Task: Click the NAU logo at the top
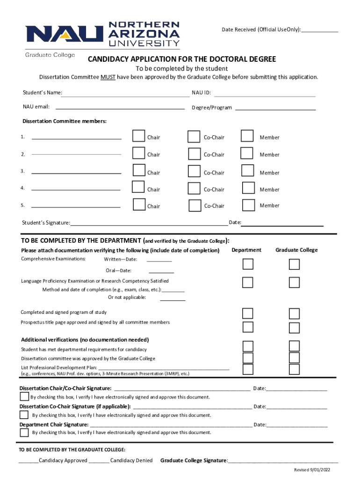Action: (x=102, y=34)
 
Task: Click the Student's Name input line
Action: (x=126, y=93)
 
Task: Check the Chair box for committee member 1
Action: (x=138, y=136)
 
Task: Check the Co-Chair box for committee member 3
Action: (x=194, y=172)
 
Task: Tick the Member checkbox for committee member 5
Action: (x=248, y=205)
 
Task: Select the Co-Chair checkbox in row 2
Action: (x=194, y=154)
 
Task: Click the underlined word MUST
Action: (x=108, y=77)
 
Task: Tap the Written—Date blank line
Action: (x=159, y=260)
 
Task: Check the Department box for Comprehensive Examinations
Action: (x=248, y=264)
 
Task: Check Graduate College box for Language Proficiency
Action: (x=294, y=283)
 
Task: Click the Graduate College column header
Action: (x=296, y=250)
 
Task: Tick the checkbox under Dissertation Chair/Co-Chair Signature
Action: (x=24, y=397)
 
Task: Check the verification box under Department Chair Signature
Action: (x=24, y=432)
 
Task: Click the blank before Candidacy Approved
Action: (x=29, y=460)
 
